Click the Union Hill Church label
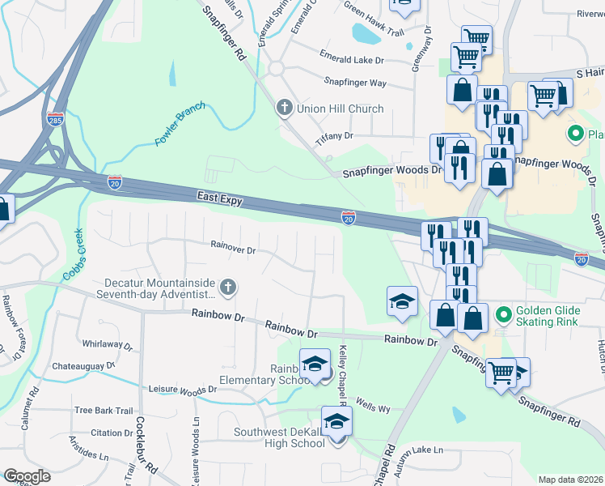(341, 109)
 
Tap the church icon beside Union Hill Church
(283, 108)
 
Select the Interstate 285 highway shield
(55, 120)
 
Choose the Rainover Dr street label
(233, 249)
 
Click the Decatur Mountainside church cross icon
(228, 286)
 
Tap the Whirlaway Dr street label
(107, 345)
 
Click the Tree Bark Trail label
(103, 411)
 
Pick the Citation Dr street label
(106, 433)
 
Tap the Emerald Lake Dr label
(351, 59)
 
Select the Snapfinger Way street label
(354, 82)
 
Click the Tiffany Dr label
(335, 137)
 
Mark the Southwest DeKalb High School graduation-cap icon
(336, 420)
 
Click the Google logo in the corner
(27, 475)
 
